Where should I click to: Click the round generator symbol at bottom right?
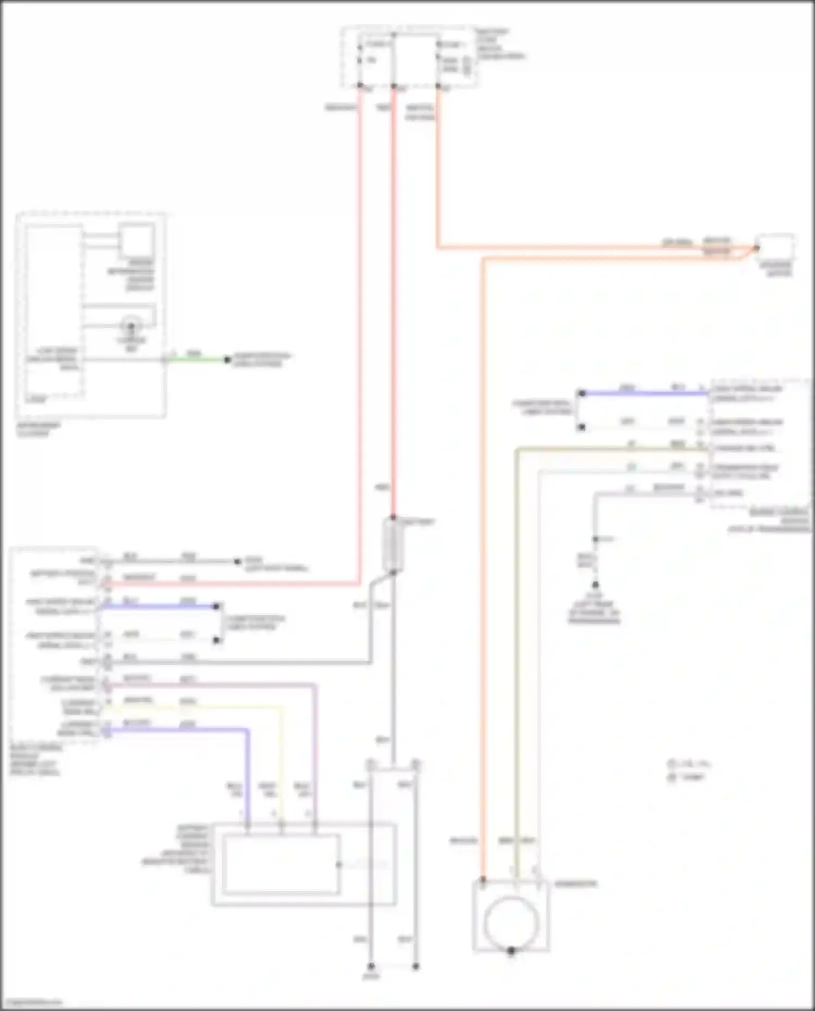pos(510,923)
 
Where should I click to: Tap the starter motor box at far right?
pos(776,248)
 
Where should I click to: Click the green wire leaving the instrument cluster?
pos(196,360)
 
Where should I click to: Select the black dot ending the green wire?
pos(228,360)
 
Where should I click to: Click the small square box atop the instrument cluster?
pos(137,240)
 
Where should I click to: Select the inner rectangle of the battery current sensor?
pos(281,864)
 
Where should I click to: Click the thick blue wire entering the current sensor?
pos(248,771)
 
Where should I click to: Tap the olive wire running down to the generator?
pos(516,652)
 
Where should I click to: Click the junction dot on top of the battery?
pos(393,518)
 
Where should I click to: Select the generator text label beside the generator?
pos(575,884)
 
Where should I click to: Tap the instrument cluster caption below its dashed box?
pos(38,429)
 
